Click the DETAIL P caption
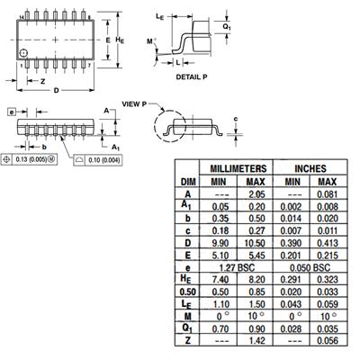(192, 77)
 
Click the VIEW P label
(134, 104)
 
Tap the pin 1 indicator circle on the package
(23, 53)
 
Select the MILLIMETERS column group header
(238, 168)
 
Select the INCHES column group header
(310, 168)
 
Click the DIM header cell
(188, 182)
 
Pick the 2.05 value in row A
(256, 194)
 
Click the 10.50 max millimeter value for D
(255, 243)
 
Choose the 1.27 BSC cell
(237, 267)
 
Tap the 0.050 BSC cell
(310, 267)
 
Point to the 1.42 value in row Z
(256, 340)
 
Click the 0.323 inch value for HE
(328, 280)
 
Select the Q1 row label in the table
(187, 328)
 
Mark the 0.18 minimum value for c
(220, 230)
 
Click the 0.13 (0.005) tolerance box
(29, 159)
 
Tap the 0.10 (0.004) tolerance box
(98, 160)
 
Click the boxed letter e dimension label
(12, 112)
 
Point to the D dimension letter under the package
(56, 90)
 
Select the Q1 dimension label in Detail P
(227, 27)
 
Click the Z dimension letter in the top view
(42, 81)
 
